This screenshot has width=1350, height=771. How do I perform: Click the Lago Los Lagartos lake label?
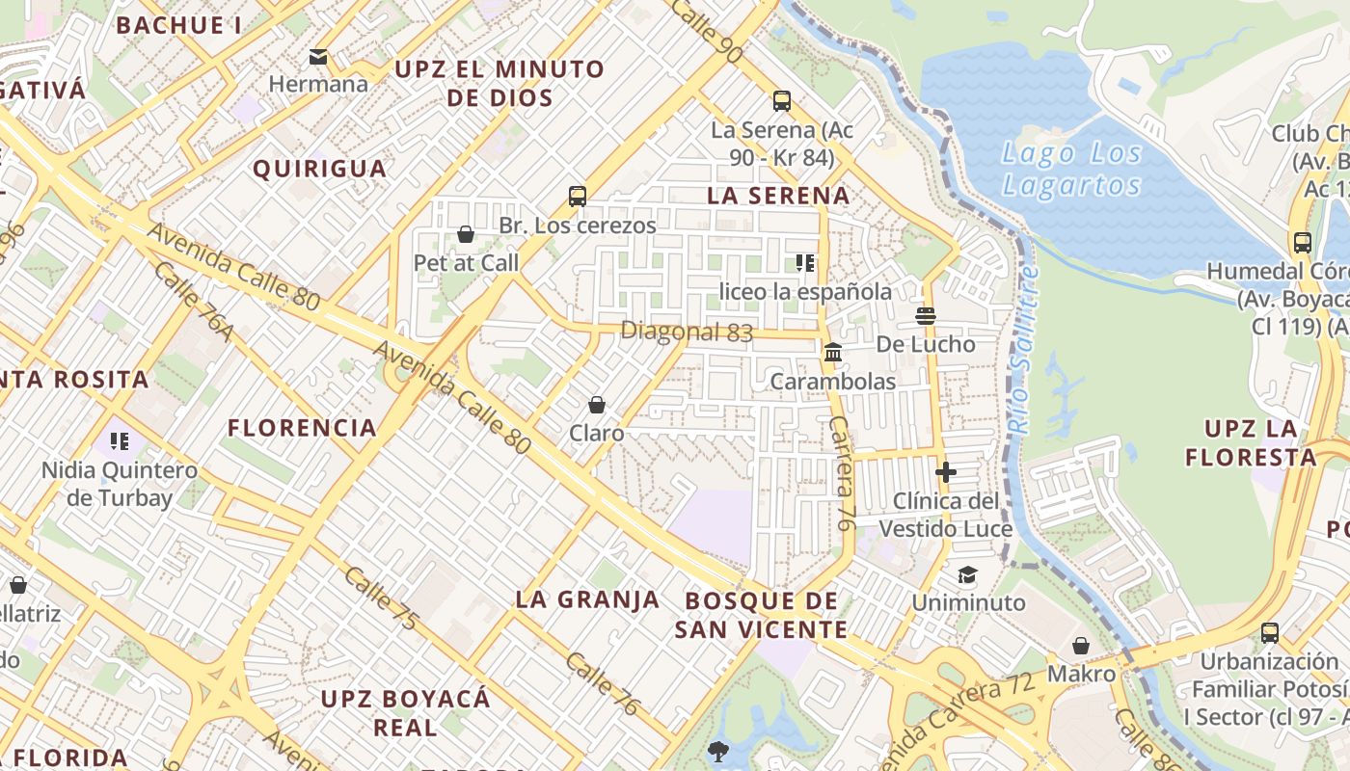pos(1071,169)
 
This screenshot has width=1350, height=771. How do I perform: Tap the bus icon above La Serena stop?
pos(782,100)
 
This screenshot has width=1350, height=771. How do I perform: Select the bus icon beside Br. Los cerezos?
pos(578,197)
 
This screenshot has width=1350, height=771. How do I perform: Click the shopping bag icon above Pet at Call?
pos(466,234)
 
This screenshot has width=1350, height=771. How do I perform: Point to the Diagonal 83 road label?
pos(686,332)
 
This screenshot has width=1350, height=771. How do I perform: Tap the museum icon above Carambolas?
pos(833,353)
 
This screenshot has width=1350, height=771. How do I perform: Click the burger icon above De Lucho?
pos(926,315)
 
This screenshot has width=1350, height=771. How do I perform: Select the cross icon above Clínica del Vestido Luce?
pos(946,472)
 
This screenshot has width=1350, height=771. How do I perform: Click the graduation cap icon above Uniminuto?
pos(967,575)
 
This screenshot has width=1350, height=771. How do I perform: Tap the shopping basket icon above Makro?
pos(1081,646)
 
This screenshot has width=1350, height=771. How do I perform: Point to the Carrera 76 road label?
pos(840,472)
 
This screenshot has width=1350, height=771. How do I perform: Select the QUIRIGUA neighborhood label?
pos(319,170)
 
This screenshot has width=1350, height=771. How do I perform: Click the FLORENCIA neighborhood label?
pos(302,428)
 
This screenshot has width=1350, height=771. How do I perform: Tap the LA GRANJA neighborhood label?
pos(587,599)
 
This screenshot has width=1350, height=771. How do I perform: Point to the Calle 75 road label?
pos(382,599)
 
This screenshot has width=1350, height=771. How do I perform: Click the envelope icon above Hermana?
pos(318,57)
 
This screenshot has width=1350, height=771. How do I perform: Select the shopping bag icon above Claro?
pos(597,405)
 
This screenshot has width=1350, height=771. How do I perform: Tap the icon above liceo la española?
pos(805,263)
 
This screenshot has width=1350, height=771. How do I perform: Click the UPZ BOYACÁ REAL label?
pos(405,712)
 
